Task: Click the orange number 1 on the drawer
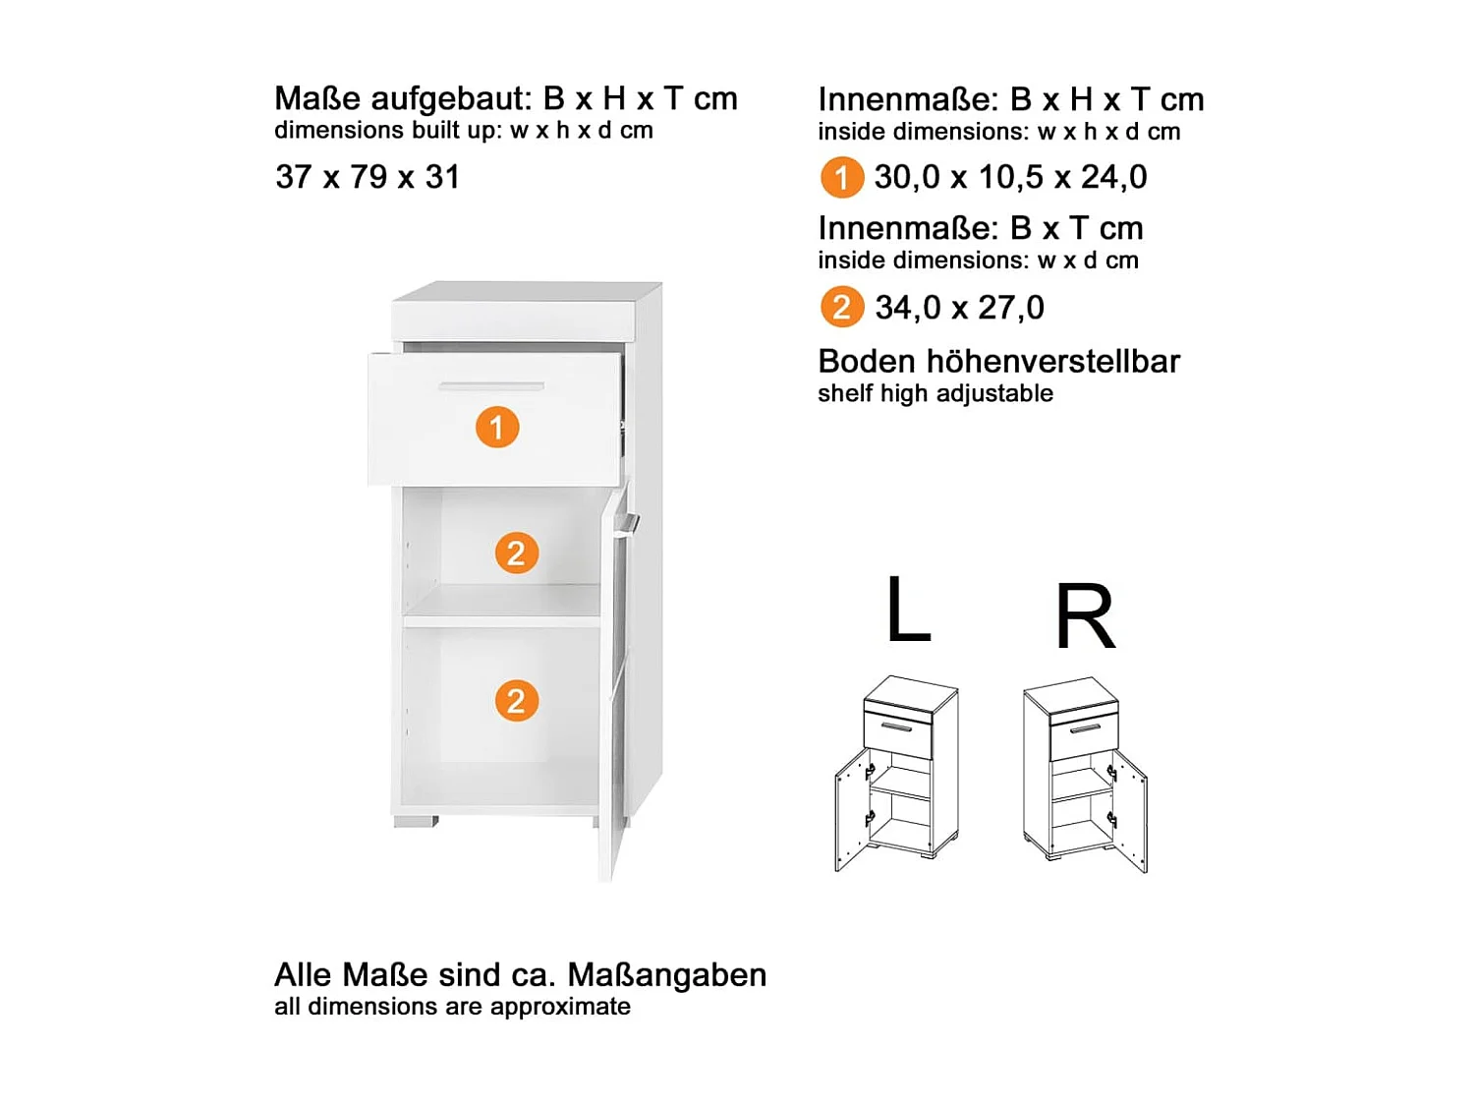click(497, 428)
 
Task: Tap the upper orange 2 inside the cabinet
click(516, 553)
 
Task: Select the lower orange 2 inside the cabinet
click(516, 701)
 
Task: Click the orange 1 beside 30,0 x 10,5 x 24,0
click(841, 178)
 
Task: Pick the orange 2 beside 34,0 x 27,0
click(841, 308)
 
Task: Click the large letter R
click(1085, 617)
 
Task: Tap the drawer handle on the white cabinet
click(490, 386)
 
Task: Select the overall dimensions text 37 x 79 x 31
click(368, 177)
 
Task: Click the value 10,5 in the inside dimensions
click(1010, 177)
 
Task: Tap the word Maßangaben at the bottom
click(667, 974)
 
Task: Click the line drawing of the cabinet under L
click(895, 774)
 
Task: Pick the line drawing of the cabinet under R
click(1085, 774)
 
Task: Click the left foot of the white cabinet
click(415, 821)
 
